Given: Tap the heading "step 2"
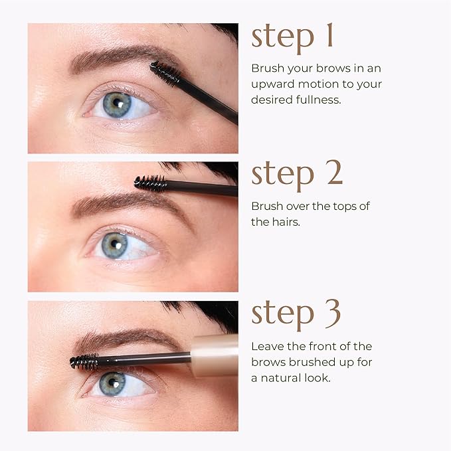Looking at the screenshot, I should (297, 174).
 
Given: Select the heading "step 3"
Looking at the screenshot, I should (297, 314).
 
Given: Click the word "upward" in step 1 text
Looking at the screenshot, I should (273, 84).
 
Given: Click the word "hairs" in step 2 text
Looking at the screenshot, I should (285, 221).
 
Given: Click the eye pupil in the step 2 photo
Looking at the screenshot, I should (115, 244).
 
